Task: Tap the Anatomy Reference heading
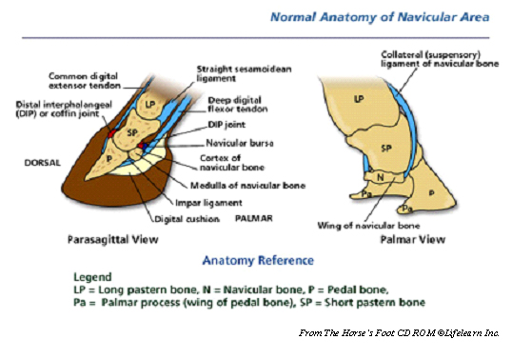[x=262, y=260]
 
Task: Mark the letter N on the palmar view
[x=379, y=176]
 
